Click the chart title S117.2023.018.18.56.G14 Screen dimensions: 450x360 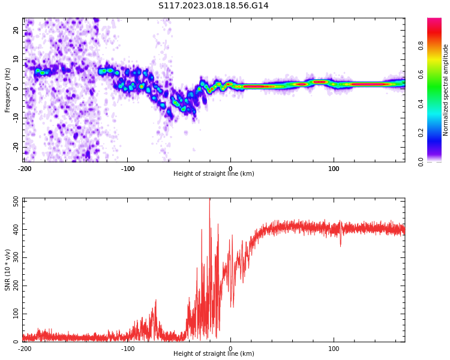pos(213,5)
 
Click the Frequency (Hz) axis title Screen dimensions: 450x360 pos(7,90)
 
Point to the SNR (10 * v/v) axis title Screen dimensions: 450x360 pos(7,270)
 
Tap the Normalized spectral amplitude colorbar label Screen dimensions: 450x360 pos(445,90)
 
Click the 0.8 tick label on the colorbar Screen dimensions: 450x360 pos(421,46)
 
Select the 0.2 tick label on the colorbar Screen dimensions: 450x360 pos(421,133)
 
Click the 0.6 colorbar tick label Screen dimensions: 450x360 pos(421,74)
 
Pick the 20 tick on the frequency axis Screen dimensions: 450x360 pos(16,30)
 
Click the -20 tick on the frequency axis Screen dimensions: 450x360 pos(16,147)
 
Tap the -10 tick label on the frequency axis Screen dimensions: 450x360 pos(16,118)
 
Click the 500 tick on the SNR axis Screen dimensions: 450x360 pos(16,202)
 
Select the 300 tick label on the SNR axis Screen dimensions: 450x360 pos(16,257)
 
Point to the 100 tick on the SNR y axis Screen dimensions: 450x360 pos(16,314)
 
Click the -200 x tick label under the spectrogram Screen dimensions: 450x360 pos(25,169)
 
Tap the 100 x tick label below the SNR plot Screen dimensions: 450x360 pos(334,349)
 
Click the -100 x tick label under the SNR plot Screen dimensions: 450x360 pos(127,349)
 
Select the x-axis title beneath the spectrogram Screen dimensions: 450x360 pos(214,173)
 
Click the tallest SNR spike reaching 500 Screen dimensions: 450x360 pos(209,199)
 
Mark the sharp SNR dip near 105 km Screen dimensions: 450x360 pos(341,245)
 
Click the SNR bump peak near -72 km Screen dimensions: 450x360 pos(156,300)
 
